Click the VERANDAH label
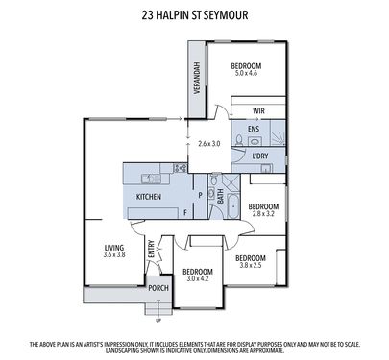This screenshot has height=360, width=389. tap(197, 78)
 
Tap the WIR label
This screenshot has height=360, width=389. tap(258, 111)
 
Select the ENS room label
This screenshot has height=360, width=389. tap(254, 129)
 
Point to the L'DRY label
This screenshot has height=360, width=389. tap(260, 156)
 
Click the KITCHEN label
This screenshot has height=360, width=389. tap(149, 197)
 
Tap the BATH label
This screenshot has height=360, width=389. tap(221, 197)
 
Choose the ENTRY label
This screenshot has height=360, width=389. tap(152, 249)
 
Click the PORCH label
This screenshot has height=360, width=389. tap(158, 288)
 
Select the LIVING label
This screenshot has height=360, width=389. tap(114, 248)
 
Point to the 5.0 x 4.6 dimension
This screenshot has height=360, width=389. tap(246, 73)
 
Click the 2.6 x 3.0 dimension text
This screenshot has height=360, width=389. tap(209, 144)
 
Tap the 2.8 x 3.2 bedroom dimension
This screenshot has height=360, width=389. tap(263, 213)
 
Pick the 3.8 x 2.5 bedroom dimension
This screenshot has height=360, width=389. tap(251, 265)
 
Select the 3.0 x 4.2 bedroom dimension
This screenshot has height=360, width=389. tap(198, 278)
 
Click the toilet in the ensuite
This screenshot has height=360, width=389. tap(239, 140)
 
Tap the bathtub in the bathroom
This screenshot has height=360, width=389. tap(232, 205)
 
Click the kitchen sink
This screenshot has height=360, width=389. tap(152, 179)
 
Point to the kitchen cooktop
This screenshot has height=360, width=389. tap(180, 168)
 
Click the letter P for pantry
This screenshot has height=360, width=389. tap(200, 195)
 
